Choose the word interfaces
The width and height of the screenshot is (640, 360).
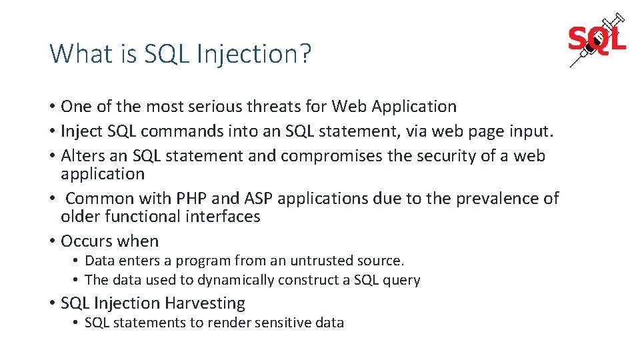(217, 217)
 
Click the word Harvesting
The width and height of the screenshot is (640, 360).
(205, 303)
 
